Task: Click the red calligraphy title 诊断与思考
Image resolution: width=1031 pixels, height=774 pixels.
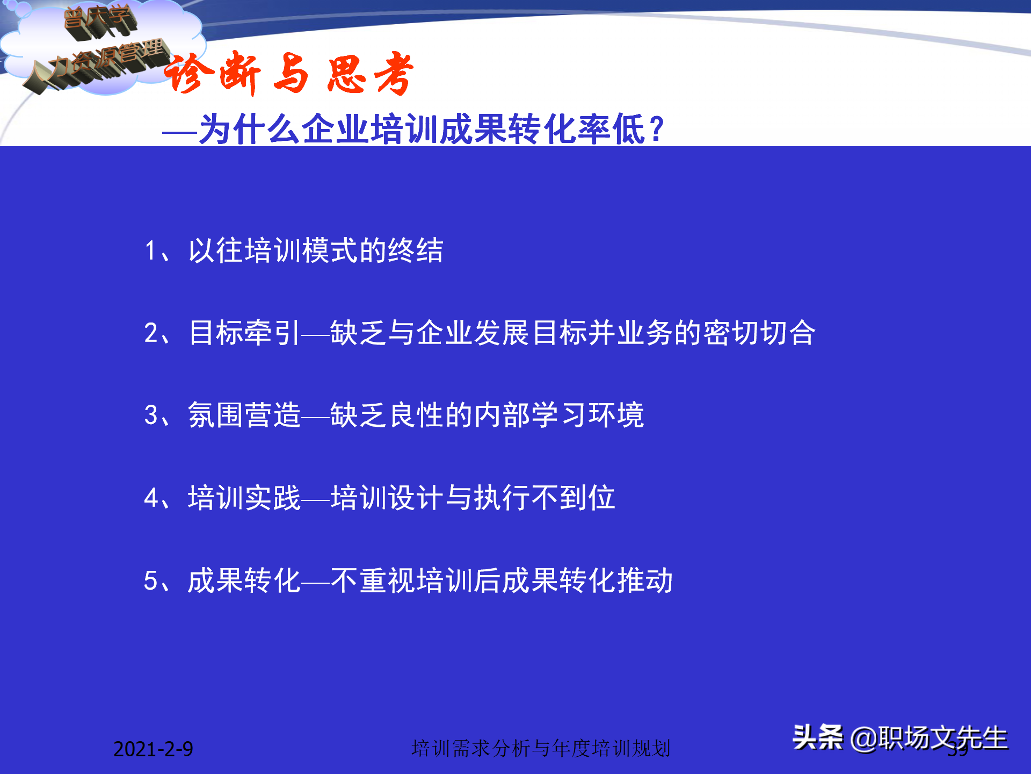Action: click(x=289, y=74)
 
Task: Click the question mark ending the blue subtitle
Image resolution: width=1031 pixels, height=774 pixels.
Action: click(x=656, y=130)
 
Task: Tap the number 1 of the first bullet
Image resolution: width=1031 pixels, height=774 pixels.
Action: click(x=150, y=251)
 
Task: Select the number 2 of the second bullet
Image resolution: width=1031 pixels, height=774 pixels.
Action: click(x=151, y=333)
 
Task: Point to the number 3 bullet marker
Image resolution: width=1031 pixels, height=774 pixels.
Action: click(x=151, y=415)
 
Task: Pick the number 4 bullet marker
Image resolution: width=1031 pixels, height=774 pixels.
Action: click(x=151, y=498)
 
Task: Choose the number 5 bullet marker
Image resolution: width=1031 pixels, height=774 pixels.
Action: click(x=151, y=580)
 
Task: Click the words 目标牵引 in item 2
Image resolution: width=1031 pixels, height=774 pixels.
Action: click(x=244, y=333)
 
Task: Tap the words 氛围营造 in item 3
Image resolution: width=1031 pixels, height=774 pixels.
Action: click(x=244, y=415)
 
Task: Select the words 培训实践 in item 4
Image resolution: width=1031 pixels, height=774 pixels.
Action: click(x=244, y=498)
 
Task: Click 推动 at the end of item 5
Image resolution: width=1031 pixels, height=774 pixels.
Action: click(x=645, y=580)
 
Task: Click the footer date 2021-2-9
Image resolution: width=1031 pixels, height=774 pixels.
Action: click(x=153, y=749)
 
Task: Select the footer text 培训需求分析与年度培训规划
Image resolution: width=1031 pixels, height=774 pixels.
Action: click(x=541, y=748)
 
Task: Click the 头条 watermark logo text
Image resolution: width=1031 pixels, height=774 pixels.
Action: click(x=817, y=737)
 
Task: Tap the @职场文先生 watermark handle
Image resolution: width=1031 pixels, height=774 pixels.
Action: click(x=929, y=738)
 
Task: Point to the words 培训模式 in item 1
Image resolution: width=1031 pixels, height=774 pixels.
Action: click(x=301, y=251)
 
